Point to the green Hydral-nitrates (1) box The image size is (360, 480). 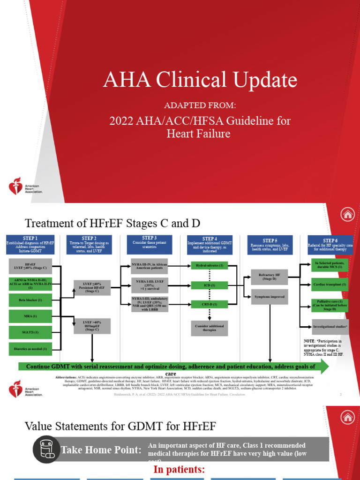(x=209, y=266)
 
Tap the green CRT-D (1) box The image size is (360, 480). (x=209, y=304)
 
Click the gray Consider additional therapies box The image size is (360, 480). (x=209, y=328)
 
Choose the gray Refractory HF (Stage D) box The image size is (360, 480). (x=269, y=277)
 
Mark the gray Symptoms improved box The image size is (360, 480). (x=269, y=297)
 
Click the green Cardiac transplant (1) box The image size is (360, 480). (x=330, y=285)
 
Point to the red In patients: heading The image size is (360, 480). (x=179, y=469)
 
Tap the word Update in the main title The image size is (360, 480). (x=263, y=79)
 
